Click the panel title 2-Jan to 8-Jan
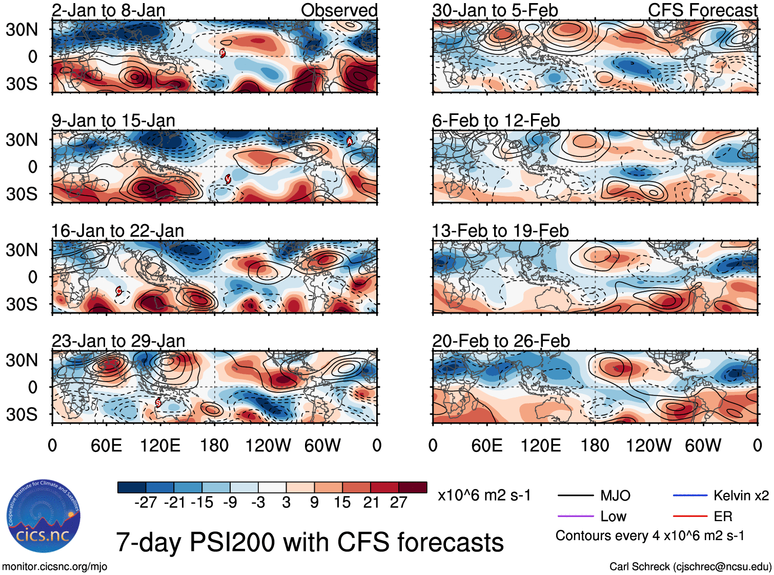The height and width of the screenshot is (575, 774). point(108,10)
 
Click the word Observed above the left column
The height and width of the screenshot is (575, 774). point(339,10)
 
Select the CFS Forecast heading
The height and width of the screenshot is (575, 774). point(702,10)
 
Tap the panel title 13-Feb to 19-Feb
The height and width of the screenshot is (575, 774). point(500,231)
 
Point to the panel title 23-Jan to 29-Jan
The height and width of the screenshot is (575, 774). point(118,341)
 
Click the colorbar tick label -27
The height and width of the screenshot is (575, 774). point(146,502)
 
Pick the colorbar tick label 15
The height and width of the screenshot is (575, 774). point(342,502)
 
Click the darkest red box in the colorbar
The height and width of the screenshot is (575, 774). point(413,487)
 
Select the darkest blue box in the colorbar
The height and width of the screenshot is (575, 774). point(132,487)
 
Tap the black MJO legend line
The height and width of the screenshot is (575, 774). point(575,495)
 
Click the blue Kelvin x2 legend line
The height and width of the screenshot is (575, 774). point(690,495)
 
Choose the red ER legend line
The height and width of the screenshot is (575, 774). point(690,516)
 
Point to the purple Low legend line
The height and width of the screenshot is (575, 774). point(575,516)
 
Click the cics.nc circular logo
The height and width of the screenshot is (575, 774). point(44,516)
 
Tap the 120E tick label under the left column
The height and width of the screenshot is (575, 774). point(160,445)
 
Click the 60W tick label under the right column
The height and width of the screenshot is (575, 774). point(703,445)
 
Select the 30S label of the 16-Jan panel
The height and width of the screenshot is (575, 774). point(22,304)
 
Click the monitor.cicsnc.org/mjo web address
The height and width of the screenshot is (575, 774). point(54,567)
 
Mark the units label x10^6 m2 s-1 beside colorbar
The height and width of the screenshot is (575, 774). point(484,495)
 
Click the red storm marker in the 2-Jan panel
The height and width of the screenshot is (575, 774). point(222,52)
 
